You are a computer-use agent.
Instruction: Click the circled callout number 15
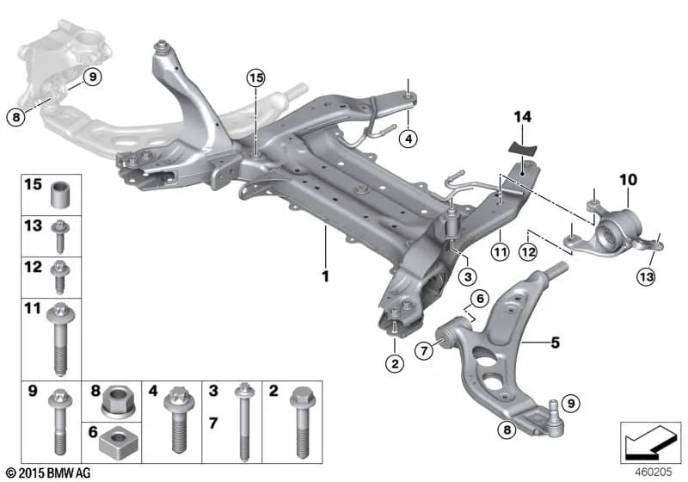(255, 78)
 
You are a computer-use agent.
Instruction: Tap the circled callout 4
(408, 139)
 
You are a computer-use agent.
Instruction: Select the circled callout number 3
(468, 276)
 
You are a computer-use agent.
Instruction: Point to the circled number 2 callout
(395, 363)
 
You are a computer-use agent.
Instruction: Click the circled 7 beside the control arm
(424, 351)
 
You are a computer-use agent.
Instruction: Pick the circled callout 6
(480, 299)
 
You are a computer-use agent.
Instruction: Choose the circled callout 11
(501, 251)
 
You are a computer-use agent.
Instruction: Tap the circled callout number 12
(527, 251)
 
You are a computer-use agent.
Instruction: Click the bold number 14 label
(522, 117)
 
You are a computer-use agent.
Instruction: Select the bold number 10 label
(628, 180)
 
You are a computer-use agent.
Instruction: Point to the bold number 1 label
(325, 276)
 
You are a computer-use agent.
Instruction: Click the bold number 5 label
(555, 342)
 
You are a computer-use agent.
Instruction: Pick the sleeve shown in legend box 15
(61, 194)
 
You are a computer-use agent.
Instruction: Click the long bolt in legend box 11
(60, 339)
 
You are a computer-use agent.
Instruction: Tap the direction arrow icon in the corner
(650, 442)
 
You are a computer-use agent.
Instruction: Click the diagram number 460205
(653, 472)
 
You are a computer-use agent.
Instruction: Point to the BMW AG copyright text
(49, 473)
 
